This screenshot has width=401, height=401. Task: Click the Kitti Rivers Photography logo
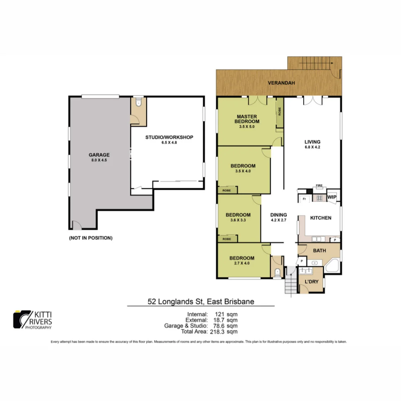[33, 319]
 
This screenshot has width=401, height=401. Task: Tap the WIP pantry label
[332, 196]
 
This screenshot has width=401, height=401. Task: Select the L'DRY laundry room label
[312, 282]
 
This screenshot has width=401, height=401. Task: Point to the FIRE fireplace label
[318, 185]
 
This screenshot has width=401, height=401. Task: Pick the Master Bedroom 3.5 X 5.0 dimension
[247, 127]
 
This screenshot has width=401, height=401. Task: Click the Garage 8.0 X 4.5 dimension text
[99, 160]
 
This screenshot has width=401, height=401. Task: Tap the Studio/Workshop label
[169, 137]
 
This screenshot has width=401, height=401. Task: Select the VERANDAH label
[281, 83]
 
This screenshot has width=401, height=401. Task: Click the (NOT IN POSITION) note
[91, 238]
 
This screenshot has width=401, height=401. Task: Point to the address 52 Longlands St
[201, 301]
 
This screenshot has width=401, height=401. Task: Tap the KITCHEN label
[321, 218]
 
